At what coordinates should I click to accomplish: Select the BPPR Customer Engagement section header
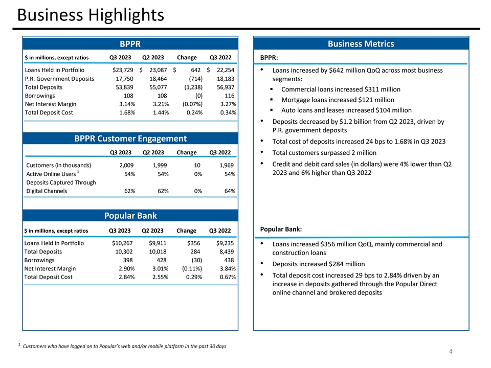(130, 139)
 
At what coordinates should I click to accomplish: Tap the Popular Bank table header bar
(130, 216)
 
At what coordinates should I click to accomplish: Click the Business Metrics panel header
(361, 44)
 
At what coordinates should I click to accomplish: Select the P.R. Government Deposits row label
(59, 79)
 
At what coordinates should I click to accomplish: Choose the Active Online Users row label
(51, 174)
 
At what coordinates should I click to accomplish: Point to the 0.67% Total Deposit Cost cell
(226, 277)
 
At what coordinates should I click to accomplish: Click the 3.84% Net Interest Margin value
(226, 268)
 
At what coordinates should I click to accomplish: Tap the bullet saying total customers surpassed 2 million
(324, 153)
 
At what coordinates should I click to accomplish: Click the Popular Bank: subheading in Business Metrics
(281, 228)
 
